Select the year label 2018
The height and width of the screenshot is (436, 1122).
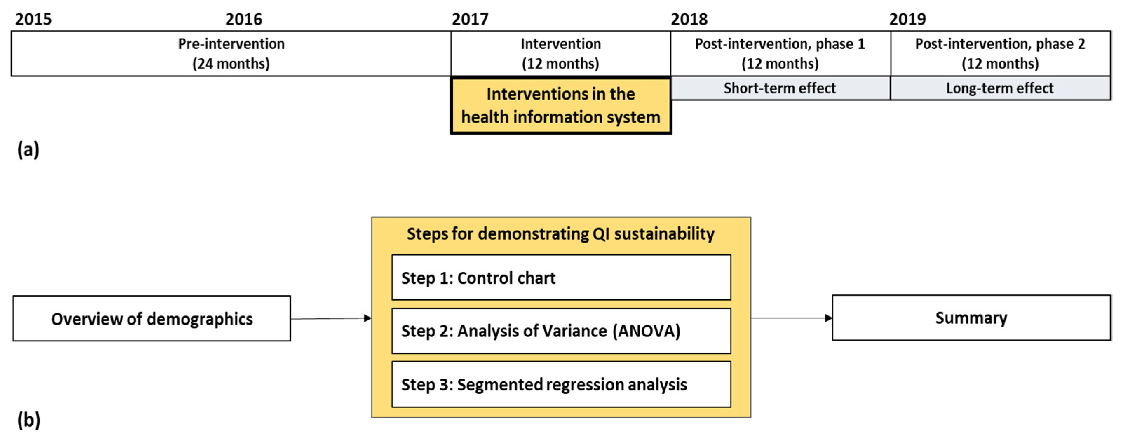[689, 19]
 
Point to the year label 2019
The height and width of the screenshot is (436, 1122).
[908, 19]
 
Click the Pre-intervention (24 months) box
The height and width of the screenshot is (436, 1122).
[231, 54]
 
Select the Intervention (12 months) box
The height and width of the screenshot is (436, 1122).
[561, 54]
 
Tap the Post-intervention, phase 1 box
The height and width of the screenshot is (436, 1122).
[780, 54]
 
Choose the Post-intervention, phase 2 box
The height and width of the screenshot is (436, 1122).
[1000, 54]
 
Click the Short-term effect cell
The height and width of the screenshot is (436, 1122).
[780, 88]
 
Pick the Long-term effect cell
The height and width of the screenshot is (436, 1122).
[1000, 88]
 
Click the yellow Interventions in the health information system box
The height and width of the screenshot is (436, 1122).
[561, 106]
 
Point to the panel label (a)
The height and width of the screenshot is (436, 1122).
[28, 149]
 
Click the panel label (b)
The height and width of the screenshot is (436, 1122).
[28, 420]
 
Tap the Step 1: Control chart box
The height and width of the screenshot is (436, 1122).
[561, 278]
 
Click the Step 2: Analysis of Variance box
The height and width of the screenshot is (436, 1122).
[561, 331]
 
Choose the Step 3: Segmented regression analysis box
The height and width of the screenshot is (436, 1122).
[561, 384]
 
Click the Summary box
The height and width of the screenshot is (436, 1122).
[971, 318]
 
